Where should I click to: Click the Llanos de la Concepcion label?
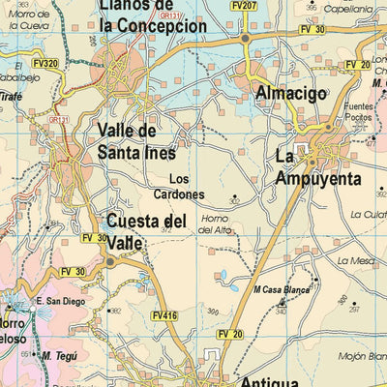[x=153, y=16]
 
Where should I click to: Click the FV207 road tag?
[x=244, y=6]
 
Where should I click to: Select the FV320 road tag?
[x=45, y=64]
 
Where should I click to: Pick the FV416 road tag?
[x=164, y=314]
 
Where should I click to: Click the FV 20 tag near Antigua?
[x=230, y=334]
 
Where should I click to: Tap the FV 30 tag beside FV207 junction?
[x=313, y=31]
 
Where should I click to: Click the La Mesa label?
[x=355, y=260]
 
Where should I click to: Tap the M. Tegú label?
[x=59, y=355]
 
